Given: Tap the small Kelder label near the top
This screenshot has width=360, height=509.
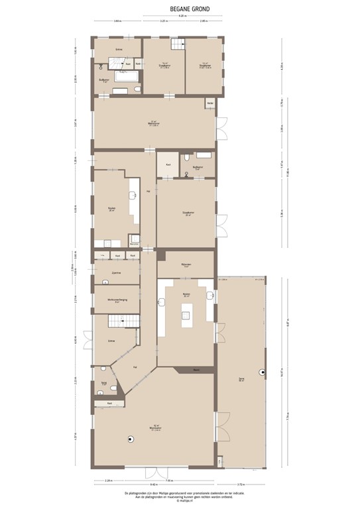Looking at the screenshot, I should pos(210,103).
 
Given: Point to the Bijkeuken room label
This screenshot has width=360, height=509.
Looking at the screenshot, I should pos(186,265).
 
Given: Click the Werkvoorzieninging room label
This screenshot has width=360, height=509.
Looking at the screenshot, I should pos(116,300).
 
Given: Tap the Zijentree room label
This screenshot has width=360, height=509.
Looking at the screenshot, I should pos(115,272).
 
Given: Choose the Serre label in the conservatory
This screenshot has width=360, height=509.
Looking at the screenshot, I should pos(241,380).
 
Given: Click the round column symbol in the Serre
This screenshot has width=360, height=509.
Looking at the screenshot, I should pos(263,372).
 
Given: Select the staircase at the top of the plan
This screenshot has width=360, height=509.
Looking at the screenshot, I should pos(177,44).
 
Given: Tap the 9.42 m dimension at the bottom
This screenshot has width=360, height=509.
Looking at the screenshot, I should pos(154,485).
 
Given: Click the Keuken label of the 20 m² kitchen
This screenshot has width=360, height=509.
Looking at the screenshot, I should pos(111,209).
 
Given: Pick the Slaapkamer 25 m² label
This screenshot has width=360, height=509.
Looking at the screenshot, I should pos(188,213).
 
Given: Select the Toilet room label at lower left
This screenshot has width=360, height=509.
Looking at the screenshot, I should pos(105,383).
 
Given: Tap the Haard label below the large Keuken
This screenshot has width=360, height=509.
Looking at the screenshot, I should pos(196,369).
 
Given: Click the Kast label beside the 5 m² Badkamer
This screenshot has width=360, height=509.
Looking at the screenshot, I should pos(168,163).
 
